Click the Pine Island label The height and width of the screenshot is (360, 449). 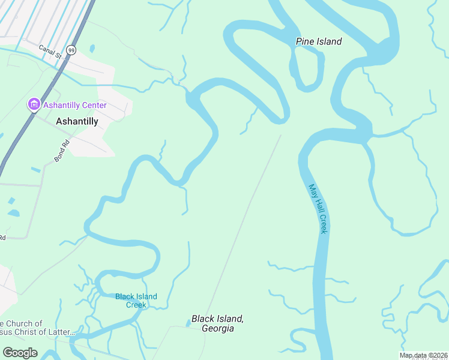click(319, 41)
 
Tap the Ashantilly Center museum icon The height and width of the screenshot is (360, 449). click(34, 105)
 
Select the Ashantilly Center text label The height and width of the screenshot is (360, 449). click(74, 106)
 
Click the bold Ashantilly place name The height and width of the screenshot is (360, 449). click(76, 121)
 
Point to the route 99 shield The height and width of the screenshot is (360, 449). click(71, 50)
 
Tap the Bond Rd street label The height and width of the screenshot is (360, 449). click(61, 153)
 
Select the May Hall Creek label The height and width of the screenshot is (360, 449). click(318, 208)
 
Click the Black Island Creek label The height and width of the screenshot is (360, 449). click(136, 301)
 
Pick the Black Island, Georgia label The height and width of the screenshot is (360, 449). click(217, 323)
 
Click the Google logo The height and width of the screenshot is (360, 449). click(20, 353)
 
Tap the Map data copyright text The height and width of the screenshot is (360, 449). click(424, 355)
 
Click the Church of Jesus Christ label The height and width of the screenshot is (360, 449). click(37, 328)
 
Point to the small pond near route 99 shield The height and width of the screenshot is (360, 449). click(91, 49)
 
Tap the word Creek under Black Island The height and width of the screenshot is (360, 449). click(136, 305)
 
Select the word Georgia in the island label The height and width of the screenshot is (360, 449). click(217, 329)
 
